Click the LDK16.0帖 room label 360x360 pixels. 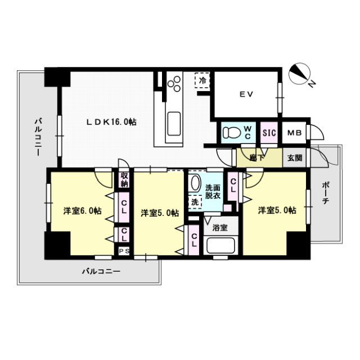tap(111, 121)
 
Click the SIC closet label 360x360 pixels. tap(269, 133)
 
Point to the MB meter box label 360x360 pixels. tap(294, 133)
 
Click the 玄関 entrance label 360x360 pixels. tap(295, 158)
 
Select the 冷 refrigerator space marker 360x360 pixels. tap(201, 80)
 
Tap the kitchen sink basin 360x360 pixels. tap(174, 121)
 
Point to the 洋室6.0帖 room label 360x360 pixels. tap(82, 211)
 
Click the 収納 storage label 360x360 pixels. tap(124, 179)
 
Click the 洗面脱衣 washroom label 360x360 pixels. tap(213, 191)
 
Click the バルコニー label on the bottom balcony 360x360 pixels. tap(101, 271)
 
